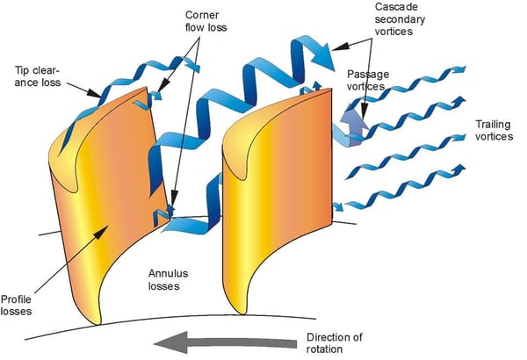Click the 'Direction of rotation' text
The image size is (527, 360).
[x=343, y=342]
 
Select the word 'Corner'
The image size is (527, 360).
[x=199, y=17]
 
